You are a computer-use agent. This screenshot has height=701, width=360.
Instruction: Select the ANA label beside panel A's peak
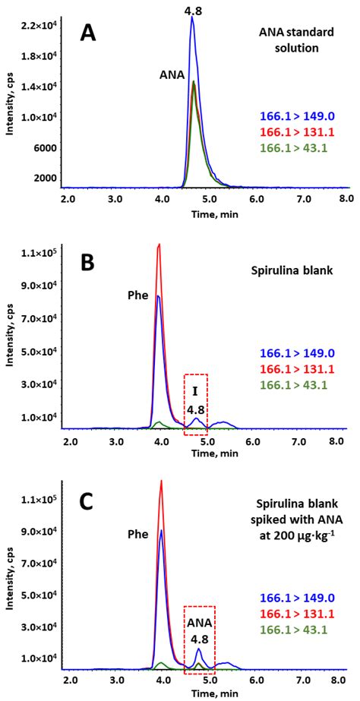171,75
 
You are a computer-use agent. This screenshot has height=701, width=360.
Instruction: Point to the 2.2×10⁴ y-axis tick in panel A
38,26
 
